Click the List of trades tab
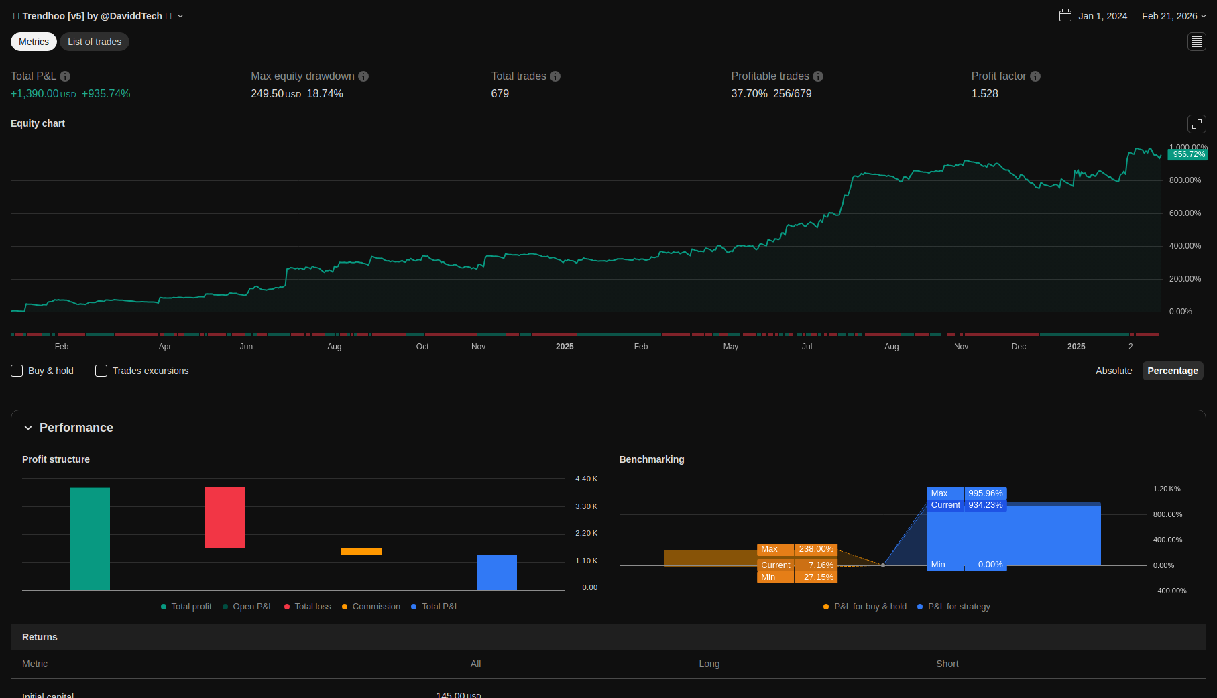[x=95, y=42]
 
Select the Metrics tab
[x=34, y=42]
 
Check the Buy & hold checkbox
[x=17, y=371]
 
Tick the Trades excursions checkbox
[x=101, y=371]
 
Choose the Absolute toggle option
[x=1114, y=371]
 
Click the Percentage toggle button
[x=1172, y=371]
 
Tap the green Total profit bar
[x=90, y=538]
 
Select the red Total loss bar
[x=225, y=517]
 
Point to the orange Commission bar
[x=361, y=551]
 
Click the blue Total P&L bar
[x=497, y=572]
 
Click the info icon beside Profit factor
[x=1035, y=76]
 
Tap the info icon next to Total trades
[x=555, y=76]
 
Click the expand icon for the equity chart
[x=1196, y=124]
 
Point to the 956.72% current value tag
[x=1189, y=154]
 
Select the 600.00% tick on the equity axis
[x=1185, y=213]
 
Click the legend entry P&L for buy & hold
[x=870, y=607]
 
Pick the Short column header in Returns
[x=947, y=664]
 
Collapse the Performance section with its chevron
[x=28, y=428]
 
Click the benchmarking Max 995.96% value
[x=985, y=493]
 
